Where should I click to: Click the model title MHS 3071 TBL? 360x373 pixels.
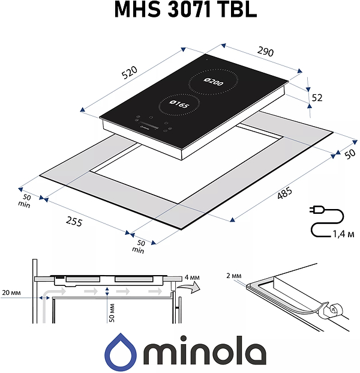pyautogui.click(x=180, y=11)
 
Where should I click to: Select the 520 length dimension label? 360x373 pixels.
pyautogui.click(x=130, y=72)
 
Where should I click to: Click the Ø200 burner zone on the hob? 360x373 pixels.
pyautogui.click(x=212, y=83)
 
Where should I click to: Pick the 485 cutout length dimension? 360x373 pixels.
pyautogui.click(x=284, y=193)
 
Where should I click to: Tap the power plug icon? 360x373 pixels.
pyautogui.click(x=316, y=210)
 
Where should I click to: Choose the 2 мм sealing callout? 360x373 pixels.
pyautogui.click(x=235, y=276)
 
